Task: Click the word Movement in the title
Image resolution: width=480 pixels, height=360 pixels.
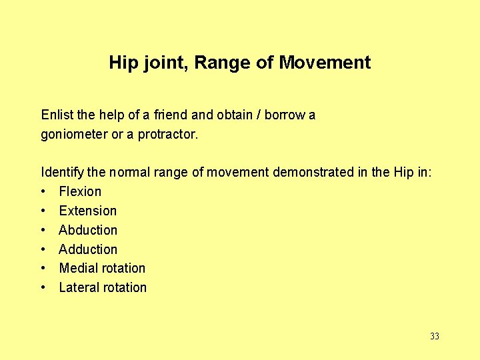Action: tap(325, 63)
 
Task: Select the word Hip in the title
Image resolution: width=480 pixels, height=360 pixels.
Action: tap(122, 63)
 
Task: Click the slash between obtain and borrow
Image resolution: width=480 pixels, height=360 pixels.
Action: tap(259, 115)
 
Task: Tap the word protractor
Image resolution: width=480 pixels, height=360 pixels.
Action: tap(168, 134)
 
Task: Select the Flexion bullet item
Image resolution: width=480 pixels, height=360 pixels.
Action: tap(80, 191)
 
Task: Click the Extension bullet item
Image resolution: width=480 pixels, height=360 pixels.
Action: tap(87, 211)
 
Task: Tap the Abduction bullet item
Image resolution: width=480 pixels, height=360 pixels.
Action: tap(88, 230)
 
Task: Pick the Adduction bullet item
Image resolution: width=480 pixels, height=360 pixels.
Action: tap(88, 249)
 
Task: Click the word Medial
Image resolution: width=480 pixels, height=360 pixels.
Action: tap(77, 268)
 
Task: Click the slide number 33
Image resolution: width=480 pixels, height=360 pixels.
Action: tap(435, 336)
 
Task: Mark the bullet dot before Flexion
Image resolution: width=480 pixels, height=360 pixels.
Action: tap(43, 192)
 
